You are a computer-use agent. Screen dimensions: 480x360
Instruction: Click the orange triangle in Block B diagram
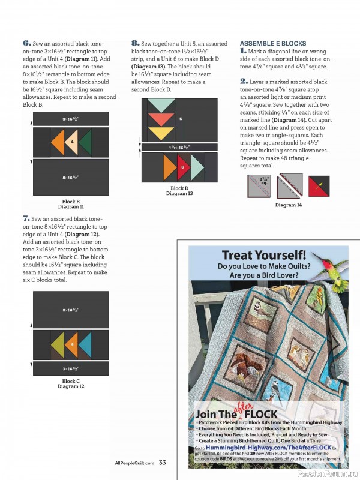click(x=58, y=143)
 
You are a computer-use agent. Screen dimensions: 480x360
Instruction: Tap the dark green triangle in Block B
click(x=85, y=143)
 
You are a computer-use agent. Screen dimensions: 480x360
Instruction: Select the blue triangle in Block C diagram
click(x=85, y=345)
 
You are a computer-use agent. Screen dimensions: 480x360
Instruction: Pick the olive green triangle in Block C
click(x=58, y=345)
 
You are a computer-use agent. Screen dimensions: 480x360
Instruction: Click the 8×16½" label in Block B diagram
click(x=71, y=178)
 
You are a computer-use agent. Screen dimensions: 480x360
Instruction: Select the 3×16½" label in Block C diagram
click(x=71, y=369)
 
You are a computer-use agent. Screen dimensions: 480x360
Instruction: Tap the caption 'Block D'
click(x=179, y=188)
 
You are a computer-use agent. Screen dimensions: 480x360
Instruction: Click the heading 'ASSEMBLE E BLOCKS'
click(x=273, y=44)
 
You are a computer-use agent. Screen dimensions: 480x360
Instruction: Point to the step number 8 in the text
click(x=135, y=44)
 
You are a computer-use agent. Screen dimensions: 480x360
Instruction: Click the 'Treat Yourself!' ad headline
click(x=263, y=255)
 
